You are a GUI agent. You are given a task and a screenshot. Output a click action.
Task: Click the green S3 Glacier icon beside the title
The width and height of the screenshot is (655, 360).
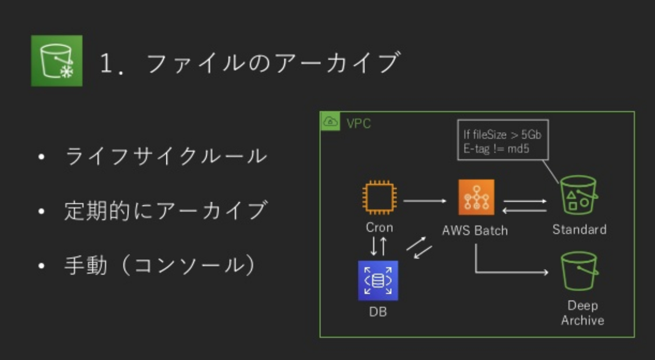coord(56,60)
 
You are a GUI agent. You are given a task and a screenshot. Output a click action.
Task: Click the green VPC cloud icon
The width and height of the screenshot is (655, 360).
coord(330,121)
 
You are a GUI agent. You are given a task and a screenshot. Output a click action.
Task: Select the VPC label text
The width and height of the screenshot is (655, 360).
coord(358,123)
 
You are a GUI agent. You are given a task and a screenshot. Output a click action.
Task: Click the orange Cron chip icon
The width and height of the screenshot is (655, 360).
coord(379,198)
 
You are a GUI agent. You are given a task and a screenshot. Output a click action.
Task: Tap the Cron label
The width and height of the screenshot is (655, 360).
coord(379,227)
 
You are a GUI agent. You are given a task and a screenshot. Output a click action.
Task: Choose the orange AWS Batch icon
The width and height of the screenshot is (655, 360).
coord(476,197)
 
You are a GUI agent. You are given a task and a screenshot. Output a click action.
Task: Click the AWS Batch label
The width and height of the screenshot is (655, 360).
coord(474,230)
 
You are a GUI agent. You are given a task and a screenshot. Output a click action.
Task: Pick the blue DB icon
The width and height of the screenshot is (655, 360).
coord(378,280)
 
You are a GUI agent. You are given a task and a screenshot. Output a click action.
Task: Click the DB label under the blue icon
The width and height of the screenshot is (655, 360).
coord(378,312)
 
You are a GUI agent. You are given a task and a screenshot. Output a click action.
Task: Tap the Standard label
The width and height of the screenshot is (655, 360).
coord(579,229)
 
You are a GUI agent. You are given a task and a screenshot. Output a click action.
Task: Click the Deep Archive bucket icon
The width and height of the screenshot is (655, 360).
coord(579,271)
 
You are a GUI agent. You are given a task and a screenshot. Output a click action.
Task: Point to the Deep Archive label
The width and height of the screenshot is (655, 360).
coord(582,313)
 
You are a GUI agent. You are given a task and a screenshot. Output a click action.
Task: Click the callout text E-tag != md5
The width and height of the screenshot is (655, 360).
coord(496,148)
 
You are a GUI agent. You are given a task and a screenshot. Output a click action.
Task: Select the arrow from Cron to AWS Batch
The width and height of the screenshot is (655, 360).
coord(425,200)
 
